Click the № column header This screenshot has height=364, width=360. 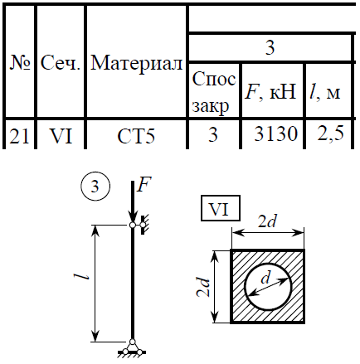click(x=20, y=63)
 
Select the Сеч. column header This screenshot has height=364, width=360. click(x=61, y=63)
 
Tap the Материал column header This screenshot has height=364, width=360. click(x=137, y=64)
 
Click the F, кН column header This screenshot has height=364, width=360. click(x=271, y=91)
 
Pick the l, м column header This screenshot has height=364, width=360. click(x=325, y=92)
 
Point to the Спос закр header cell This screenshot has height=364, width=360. click(x=214, y=92)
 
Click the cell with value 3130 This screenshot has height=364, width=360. click(x=275, y=134)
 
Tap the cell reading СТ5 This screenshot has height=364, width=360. click(x=136, y=136)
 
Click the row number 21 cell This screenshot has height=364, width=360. click(x=19, y=136)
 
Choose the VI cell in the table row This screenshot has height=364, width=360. click(x=61, y=136)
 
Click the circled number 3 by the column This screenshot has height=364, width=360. click(x=95, y=187)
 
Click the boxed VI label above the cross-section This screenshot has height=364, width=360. click(x=221, y=208)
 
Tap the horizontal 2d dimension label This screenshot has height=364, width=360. click(x=267, y=221)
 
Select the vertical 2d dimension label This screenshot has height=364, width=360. click(x=203, y=287)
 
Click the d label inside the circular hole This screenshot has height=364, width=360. click(x=265, y=278)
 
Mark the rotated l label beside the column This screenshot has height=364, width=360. click(x=81, y=276)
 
